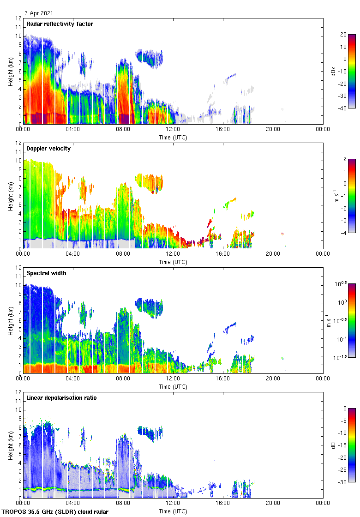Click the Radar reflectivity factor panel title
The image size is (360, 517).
(x=60, y=24)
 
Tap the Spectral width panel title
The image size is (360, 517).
(x=47, y=273)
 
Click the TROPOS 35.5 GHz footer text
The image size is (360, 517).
(x=56, y=512)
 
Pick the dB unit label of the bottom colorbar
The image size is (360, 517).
(x=341, y=445)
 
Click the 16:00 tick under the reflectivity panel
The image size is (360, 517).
(x=223, y=129)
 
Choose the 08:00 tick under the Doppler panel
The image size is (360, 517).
(x=123, y=254)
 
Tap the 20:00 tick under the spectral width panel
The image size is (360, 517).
(x=273, y=379)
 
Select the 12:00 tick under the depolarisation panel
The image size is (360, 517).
(x=173, y=503)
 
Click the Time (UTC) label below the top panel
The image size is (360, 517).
(x=173, y=137)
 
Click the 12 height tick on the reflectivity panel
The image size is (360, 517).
(x=19, y=18)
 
